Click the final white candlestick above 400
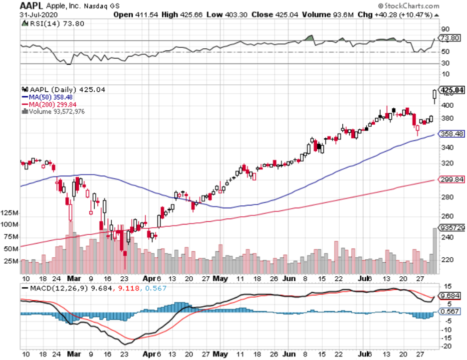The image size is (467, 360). coord(435,94)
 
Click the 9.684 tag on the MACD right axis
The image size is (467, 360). coord(451,296)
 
